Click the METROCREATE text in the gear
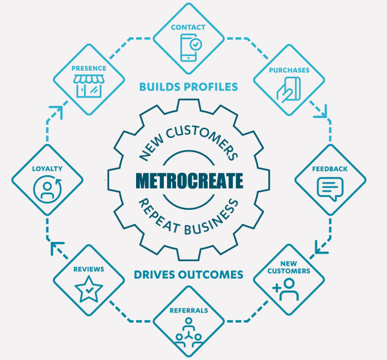[x=189, y=181]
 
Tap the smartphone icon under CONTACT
[x=189, y=47]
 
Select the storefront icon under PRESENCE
[x=89, y=86]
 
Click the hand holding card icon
[x=288, y=90]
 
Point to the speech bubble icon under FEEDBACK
[x=330, y=189]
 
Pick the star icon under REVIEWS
[x=88, y=289]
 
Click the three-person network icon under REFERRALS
[x=189, y=332]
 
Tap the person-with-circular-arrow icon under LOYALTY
[x=47, y=189]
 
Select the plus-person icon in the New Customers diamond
[x=286, y=289]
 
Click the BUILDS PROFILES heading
[x=189, y=87]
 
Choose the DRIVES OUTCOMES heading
[x=188, y=275]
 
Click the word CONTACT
[x=188, y=27]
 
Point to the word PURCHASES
[x=289, y=70]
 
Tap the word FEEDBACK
[x=330, y=169]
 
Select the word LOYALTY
[x=47, y=168]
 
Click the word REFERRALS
[x=189, y=310]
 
